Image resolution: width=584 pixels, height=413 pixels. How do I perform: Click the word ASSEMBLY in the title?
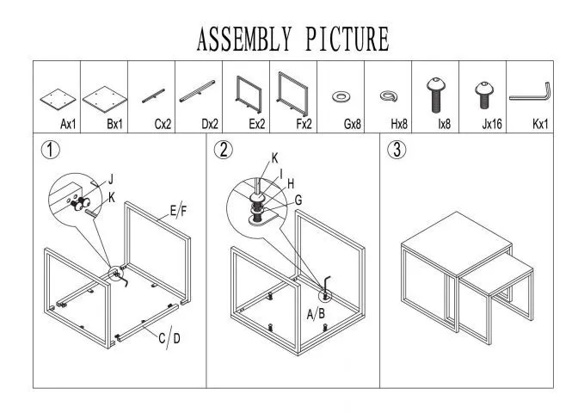243,39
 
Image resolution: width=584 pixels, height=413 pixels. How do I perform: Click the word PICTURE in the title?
347,39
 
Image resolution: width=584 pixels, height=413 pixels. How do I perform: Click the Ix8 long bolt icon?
434,93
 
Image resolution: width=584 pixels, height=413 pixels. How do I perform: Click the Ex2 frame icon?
249,94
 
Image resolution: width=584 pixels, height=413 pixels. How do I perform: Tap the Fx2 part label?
304,125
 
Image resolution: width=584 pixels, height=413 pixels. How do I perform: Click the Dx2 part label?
209,125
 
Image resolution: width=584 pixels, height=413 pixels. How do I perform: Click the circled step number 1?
51,150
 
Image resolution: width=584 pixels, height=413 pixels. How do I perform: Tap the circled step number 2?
224,150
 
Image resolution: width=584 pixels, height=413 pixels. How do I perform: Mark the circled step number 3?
397,150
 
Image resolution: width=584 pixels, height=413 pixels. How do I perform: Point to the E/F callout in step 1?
177,212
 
